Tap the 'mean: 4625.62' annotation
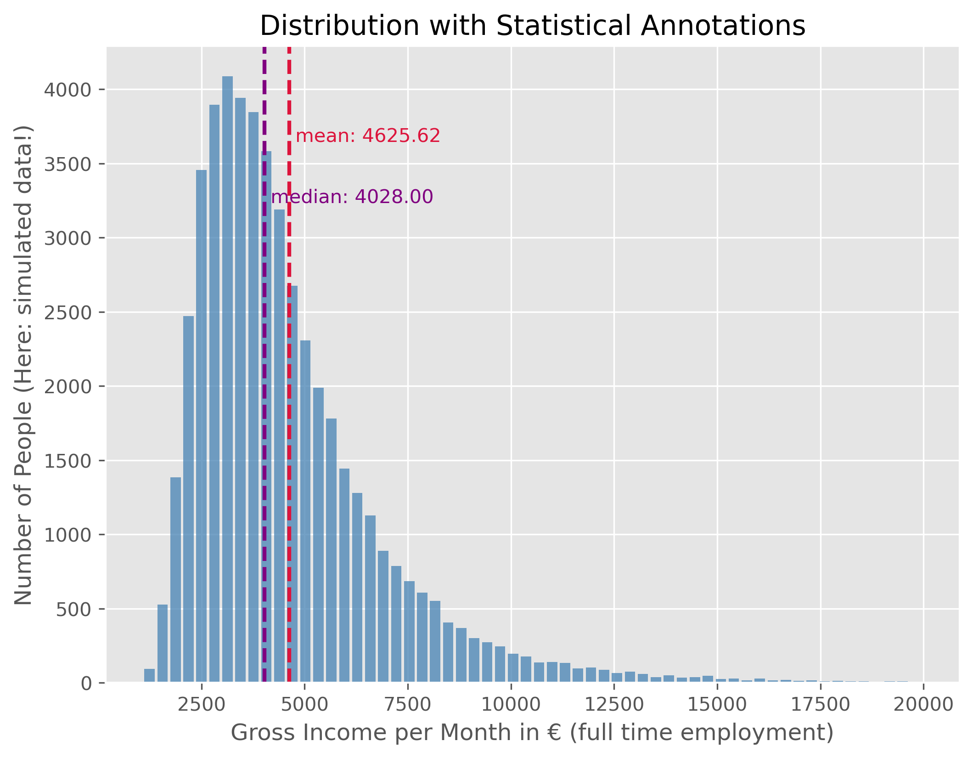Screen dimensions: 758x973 [368, 136]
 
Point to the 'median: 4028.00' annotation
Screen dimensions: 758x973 [352, 197]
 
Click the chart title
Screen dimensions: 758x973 [532, 26]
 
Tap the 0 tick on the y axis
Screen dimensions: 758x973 [86, 684]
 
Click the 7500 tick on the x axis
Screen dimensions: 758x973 [408, 704]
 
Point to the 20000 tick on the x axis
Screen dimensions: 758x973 [923, 704]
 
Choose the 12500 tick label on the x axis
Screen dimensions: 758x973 [614, 704]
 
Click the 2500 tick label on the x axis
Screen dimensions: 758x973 [202, 704]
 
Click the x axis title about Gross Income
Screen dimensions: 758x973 [532, 733]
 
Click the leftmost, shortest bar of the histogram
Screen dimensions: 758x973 [149, 676]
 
